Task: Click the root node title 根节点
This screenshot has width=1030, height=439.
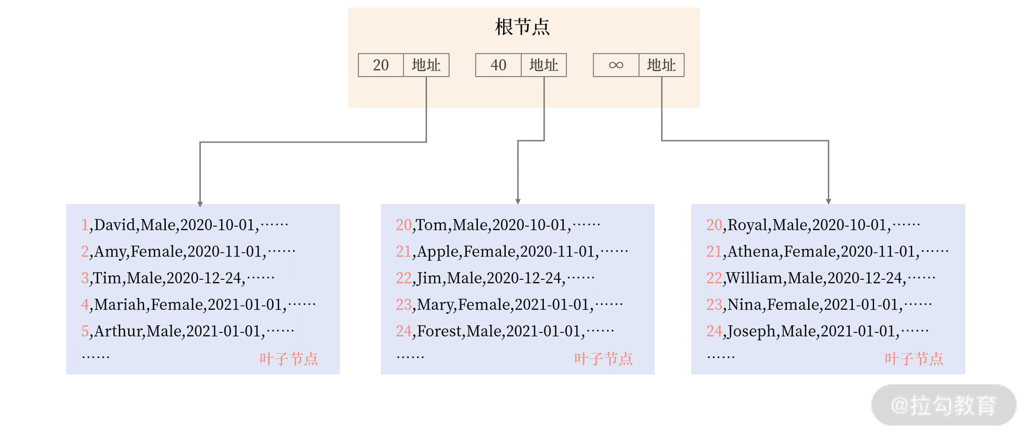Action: coord(522,27)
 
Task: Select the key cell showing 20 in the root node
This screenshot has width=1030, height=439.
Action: coord(381,65)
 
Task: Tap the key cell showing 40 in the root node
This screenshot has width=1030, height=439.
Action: coord(498,65)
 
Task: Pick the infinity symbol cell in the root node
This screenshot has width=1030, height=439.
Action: coord(616,65)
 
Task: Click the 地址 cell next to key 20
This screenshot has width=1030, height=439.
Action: coord(426,65)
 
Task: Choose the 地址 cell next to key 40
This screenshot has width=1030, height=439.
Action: coord(544,65)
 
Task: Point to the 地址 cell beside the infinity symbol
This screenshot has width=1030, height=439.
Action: coord(661,65)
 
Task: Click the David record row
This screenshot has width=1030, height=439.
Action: coord(184,225)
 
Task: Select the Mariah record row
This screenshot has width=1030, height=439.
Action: coord(198,305)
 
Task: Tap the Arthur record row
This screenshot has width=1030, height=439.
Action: coord(187,331)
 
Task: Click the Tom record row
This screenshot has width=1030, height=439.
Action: coord(497,225)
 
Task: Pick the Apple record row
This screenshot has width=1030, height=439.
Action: coord(511,251)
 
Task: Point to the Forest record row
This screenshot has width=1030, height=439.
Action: coord(505,331)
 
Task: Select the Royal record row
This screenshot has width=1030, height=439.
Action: coord(813,225)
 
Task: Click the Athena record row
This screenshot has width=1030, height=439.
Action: coord(827,251)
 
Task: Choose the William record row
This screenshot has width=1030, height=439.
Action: coord(820,278)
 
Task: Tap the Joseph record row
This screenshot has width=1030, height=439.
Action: coord(817,331)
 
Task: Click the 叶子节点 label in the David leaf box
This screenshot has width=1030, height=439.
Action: coord(288,359)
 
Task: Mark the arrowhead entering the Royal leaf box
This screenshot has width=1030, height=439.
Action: coord(828,201)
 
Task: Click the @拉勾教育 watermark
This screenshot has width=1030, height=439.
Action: coord(943,406)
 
